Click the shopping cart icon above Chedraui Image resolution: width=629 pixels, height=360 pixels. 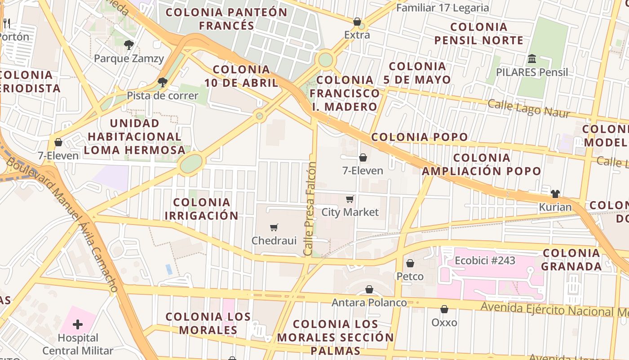274,228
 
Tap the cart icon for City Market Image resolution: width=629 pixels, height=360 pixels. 350,199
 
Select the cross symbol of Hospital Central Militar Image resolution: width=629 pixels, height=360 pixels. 78,324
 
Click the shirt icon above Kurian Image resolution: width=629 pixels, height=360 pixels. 555,194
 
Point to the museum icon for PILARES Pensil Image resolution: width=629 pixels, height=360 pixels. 532,59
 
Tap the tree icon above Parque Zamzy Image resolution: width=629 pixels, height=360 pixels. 129,45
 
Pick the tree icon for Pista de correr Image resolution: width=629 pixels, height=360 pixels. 163,82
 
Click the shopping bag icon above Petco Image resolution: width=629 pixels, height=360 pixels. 410,263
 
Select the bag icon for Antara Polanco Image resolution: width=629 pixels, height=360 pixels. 369,289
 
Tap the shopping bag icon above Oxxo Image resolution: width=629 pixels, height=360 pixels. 444,309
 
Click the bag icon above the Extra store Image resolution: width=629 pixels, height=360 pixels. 357,22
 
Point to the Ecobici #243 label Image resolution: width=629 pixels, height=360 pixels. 485,261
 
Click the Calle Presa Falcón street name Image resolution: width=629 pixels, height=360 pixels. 310,209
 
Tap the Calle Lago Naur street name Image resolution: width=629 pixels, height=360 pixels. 529,108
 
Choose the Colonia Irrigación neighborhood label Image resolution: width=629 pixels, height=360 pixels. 202,209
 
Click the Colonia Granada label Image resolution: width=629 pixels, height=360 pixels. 571,260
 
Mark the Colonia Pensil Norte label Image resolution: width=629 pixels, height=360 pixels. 479,34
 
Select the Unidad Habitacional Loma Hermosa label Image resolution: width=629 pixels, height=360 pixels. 134,136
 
